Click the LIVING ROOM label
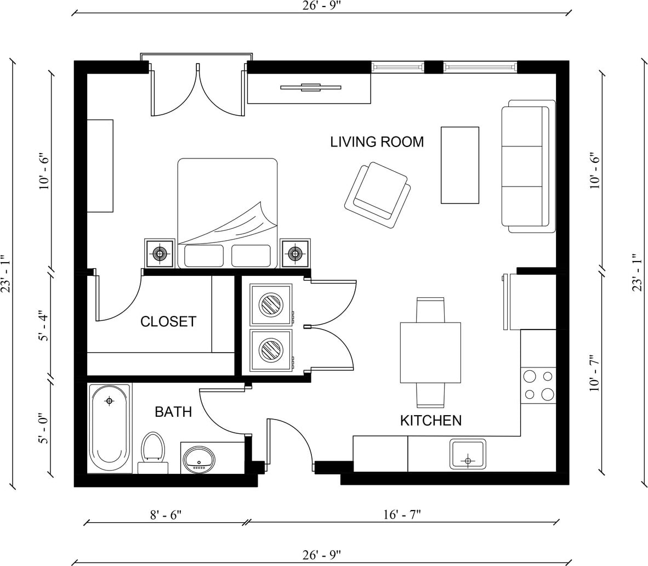pos(377,142)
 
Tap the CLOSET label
pos(168,321)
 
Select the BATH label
pos(173,412)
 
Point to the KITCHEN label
pos(430,421)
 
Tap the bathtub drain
pos(109,400)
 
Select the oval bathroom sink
pos(199,460)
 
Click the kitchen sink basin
pos(468,454)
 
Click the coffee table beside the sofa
pos(460,165)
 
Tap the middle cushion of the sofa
pos(522,166)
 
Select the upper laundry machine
pos(271,305)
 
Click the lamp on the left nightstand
pos(160,253)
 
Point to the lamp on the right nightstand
pos(295,253)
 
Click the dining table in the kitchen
pos(430,352)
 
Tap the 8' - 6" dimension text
pos(166,515)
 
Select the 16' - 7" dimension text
pos(402,515)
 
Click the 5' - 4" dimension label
pos(43,326)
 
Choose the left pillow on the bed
pos(204,256)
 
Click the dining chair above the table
pos(430,310)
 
